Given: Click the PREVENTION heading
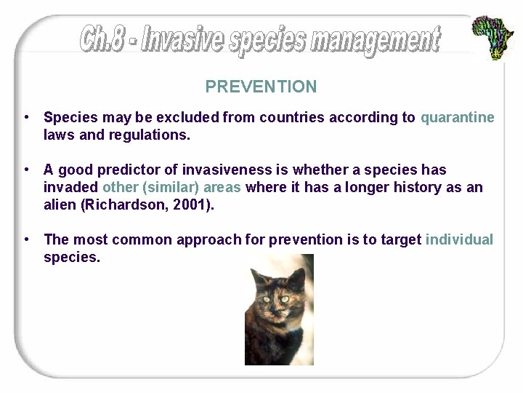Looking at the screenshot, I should point(261,87).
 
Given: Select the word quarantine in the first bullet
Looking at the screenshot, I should point(457,117).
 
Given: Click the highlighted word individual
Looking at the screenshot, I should point(458,239).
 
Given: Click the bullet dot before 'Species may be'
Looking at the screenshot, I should point(26,117).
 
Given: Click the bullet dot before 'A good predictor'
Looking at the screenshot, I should point(26,170).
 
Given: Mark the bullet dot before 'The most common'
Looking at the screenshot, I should point(26,239).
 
